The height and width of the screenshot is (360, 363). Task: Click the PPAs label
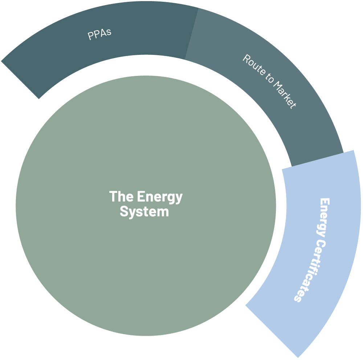coord(99,34)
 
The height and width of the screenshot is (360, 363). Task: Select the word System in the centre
coord(144,211)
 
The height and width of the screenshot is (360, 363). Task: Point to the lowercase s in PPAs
coord(109,32)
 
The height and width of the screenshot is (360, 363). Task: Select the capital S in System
coord(124,211)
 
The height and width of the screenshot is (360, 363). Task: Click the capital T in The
coord(113,197)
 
